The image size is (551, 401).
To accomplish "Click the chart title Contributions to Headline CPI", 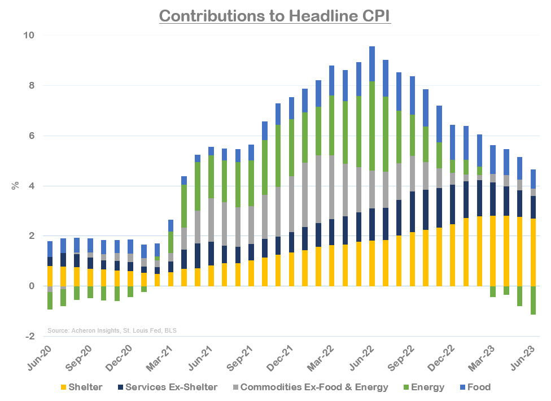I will coord(275,15).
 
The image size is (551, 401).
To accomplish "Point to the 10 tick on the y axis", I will coord(28,36).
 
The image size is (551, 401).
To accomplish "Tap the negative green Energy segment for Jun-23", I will coord(532,300).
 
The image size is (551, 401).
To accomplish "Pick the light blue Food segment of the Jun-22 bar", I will coord(372,63).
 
